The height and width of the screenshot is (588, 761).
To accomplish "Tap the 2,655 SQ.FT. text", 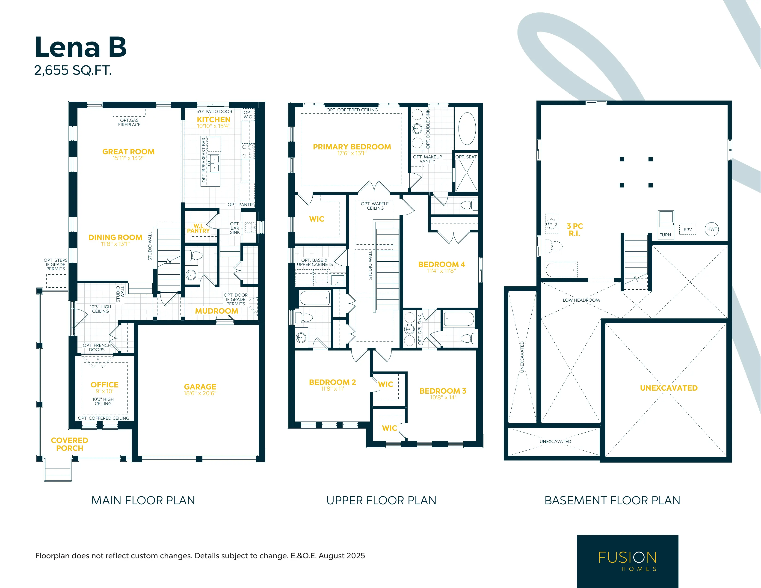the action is pos(73,70).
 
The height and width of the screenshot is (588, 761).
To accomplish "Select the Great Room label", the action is pos(128,152).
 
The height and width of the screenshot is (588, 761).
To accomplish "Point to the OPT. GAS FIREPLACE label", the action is pos(129,122).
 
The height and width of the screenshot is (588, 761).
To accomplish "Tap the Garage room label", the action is pos(200,387).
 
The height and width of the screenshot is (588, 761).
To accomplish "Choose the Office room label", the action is pos(104,385).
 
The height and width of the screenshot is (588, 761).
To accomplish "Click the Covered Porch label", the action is pos(70,444).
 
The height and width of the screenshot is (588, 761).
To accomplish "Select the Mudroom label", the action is pos(216,311).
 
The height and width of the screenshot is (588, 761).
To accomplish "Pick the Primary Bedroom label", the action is pos(352,147).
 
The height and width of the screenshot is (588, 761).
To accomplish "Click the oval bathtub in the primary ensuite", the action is pos(467,129).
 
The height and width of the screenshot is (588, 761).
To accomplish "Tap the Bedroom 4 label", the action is pos(441,264).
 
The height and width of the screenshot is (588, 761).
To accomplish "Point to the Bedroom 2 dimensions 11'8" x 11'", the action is pos(332,389).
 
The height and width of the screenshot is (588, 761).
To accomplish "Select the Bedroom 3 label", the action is pos(443,391).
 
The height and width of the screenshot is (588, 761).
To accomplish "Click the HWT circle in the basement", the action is pos(712,229).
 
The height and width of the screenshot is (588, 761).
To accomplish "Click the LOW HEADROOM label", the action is pos(581,300).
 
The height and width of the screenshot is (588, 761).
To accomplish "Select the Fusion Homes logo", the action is pos(628,561).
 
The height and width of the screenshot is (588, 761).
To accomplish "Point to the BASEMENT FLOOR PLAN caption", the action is pos(612,501).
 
